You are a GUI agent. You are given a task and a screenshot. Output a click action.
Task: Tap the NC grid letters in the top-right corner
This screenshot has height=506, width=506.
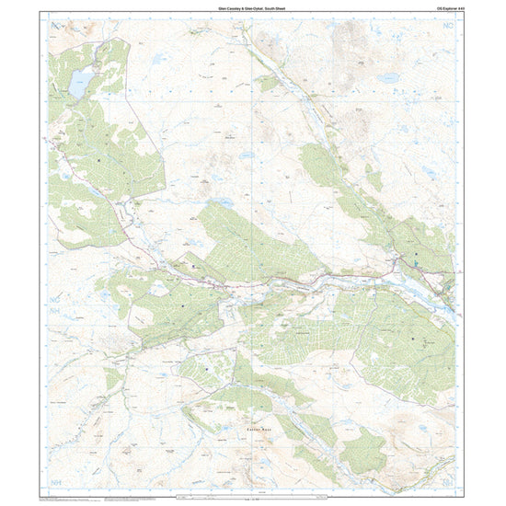[x=448, y=31]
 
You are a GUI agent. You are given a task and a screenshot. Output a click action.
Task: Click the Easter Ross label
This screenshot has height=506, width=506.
[x=259, y=429]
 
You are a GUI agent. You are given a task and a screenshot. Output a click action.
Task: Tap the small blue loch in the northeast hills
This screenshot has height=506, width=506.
[x=387, y=78]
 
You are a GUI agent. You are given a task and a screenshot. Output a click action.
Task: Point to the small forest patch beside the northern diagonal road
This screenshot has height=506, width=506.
[x=268, y=83]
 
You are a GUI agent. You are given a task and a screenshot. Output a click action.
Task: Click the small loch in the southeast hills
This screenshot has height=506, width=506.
[x=425, y=427]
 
